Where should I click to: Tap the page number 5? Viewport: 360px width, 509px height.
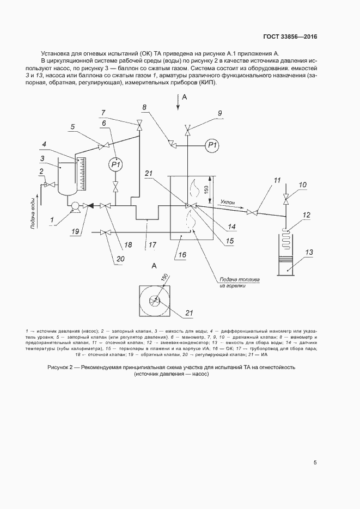[315, 463]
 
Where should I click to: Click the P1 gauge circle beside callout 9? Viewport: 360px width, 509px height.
[212, 145]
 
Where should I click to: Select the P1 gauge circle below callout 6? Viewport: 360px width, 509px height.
[115, 164]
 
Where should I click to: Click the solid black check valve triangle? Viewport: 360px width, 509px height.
[91, 206]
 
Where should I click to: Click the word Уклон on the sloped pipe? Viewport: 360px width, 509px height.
[228, 202]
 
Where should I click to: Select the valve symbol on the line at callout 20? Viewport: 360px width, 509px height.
[107, 233]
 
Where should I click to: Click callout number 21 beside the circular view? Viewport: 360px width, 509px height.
[189, 312]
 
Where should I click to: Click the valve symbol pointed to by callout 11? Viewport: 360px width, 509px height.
[252, 212]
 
